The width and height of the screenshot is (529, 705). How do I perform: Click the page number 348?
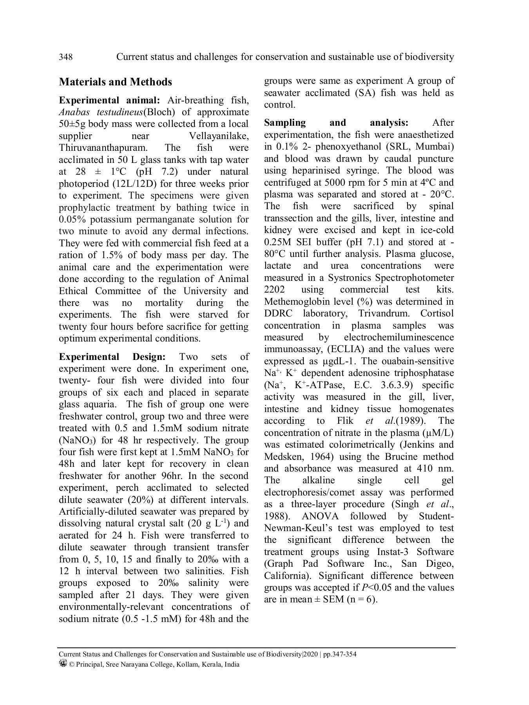(65, 57)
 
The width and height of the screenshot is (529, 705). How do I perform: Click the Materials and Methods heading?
(115, 82)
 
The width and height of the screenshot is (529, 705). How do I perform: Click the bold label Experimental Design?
(112, 357)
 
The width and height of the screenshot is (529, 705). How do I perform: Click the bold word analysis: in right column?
(389, 123)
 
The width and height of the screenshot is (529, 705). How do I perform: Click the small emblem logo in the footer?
(63, 663)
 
